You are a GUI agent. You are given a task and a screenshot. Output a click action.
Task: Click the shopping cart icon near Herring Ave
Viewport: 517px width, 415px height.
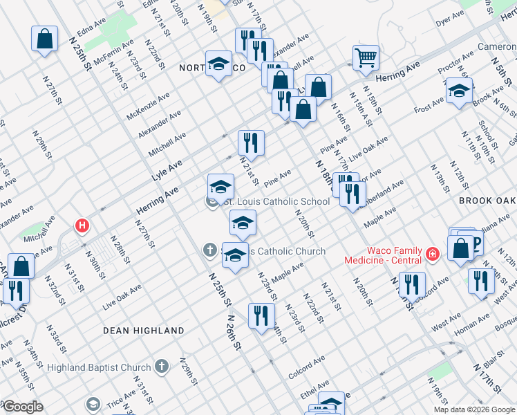pyautogui.click(x=366, y=58)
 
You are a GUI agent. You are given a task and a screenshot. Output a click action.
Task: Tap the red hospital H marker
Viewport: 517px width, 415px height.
pyautogui.click(x=82, y=225)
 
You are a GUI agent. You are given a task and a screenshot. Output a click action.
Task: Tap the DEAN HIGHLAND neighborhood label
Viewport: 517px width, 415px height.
pyautogui.click(x=144, y=331)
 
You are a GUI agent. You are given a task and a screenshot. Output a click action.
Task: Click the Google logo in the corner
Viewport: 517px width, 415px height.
pyautogui.click(x=22, y=407)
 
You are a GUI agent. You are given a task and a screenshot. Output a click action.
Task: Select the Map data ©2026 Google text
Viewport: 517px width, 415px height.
pyautogui.click(x=473, y=409)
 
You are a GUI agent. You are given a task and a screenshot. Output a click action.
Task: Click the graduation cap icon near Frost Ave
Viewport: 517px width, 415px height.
pyautogui.click(x=459, y=91)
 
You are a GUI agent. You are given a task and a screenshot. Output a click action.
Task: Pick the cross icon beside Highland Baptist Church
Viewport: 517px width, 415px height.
pyautogui.click(x=161, y=366)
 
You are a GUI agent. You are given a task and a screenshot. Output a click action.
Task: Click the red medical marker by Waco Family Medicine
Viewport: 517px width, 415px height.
pyautogui.click(x=433, y=255)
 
